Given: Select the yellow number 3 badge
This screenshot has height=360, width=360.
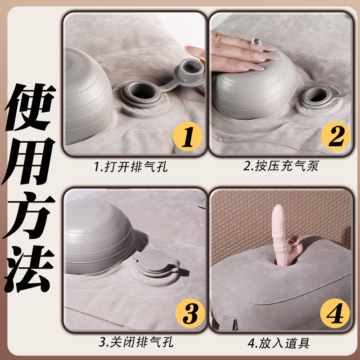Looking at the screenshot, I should [x=188, y=311].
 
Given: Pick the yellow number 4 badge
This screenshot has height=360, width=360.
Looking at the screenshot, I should [x=336, y=311].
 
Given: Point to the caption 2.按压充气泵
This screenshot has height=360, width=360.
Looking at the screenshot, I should [x=281, y=167].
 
